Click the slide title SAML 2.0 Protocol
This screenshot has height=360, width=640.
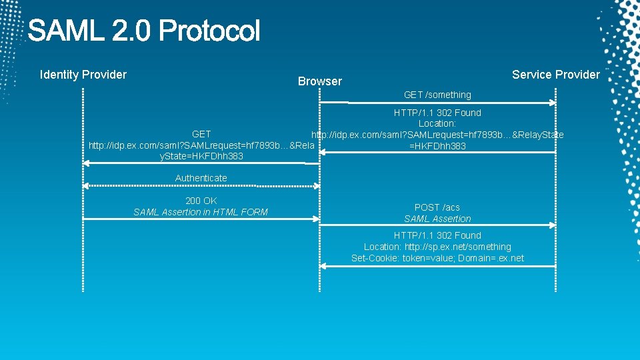tap(143, 31)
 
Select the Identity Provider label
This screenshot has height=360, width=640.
tap(83, 75)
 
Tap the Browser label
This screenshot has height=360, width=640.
tap(319, 81)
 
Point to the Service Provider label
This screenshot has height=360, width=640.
tap(555, 75)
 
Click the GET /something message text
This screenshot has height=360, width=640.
tap(437, 95)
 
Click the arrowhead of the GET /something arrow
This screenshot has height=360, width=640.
tap(552, 103)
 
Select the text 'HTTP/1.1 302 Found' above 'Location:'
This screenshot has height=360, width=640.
tap(437, 113)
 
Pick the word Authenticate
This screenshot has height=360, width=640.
tap(201, 178)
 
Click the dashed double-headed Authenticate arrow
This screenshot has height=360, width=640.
tap(200, 185)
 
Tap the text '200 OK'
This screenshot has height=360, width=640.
tap(201, 201)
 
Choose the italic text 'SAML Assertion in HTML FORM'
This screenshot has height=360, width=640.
tap(201, 212)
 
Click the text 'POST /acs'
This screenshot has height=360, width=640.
tap(437, 207)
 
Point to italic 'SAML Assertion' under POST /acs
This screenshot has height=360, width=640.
tap(437, 219)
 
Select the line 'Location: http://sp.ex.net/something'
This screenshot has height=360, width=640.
tap(437, 247)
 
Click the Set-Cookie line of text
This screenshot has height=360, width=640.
tap(437, 258)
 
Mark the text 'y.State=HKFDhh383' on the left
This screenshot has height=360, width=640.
tap(201, 156)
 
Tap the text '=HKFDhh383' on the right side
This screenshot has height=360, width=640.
tap(437, 146)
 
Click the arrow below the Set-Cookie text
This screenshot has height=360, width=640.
tap(437, 266)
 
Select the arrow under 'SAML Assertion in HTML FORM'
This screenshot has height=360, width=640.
tap(200, 219)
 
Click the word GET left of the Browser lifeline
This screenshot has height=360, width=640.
tap(201, 134)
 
